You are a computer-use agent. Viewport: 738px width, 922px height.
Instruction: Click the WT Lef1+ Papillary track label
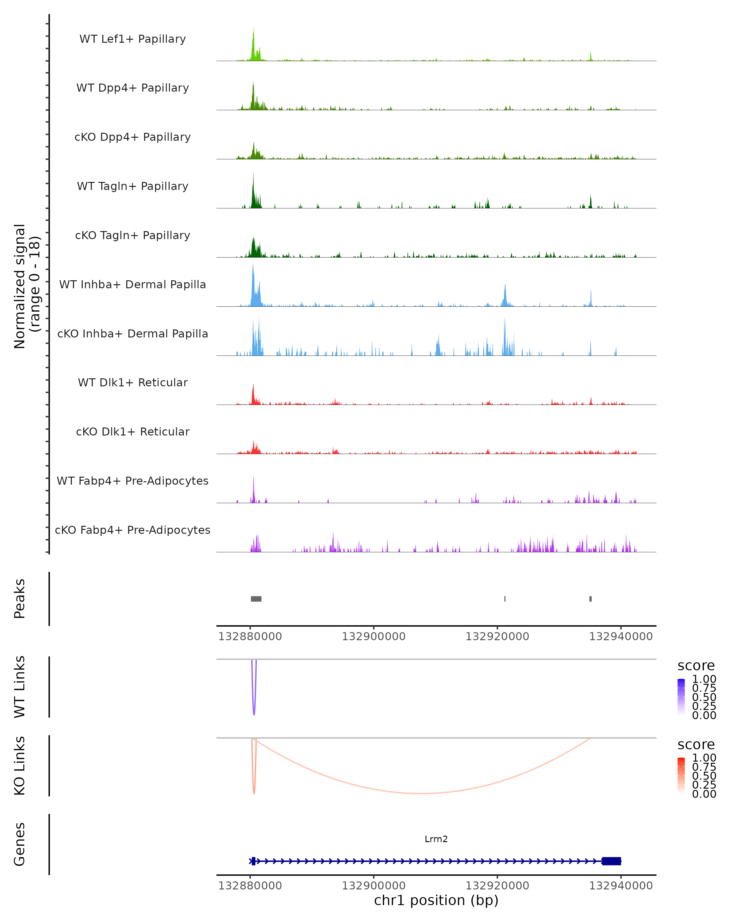(x=133, y=39)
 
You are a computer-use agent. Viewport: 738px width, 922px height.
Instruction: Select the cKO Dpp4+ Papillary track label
(x=133, y=137)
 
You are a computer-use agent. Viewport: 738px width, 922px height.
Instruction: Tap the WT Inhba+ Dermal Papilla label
(x=133, y=285)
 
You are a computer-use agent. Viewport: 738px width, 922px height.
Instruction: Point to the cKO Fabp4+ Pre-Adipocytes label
(x=133, y=530)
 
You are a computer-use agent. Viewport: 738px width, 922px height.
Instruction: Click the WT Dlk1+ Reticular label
(x=133, y=383)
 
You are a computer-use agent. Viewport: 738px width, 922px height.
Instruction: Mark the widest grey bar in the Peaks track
(x=256, y=599)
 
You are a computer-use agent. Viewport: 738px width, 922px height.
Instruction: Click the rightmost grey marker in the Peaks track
(x=590, y=599)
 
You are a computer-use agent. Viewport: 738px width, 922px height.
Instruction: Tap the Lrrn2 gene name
(x=436, y=839)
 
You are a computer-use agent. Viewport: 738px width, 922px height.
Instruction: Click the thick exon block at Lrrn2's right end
(x=611, y=861)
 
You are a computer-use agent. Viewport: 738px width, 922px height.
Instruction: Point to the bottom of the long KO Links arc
(x=421, y=793)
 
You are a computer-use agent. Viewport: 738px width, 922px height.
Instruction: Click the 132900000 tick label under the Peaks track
(x=374, y=637)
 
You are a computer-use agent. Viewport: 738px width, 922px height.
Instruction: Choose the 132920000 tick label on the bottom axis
(x=497, y=886)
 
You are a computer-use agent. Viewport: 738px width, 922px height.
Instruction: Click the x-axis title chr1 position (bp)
(x=436, y=900)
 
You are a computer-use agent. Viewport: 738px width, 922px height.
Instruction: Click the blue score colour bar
(x=681, y=697)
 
